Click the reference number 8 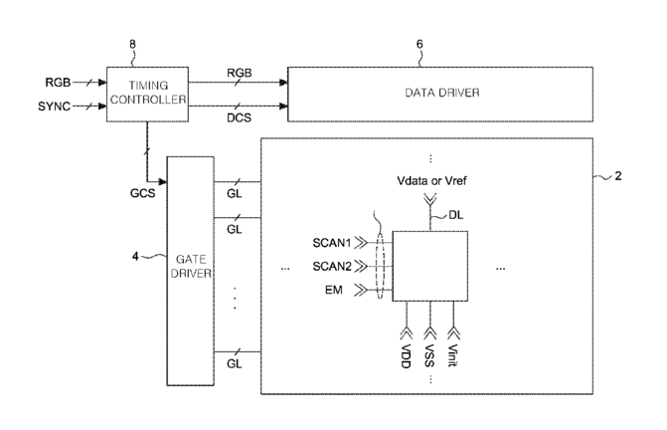coord(133,44)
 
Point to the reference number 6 coord(419,44)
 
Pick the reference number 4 coord(135,256)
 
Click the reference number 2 coord(618,176)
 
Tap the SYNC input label coord(54,107)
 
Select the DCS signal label coord(239,117)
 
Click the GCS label coord(142,193)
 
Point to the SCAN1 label coord(332,243)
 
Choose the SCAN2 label coord(332,267)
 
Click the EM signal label coord(334,290)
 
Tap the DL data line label coord(456,215)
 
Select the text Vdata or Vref coord(431,181)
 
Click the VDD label coord(406,356)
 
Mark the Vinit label coord(453,355)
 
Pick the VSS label coord(429,355)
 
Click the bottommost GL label coord(234,363)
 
